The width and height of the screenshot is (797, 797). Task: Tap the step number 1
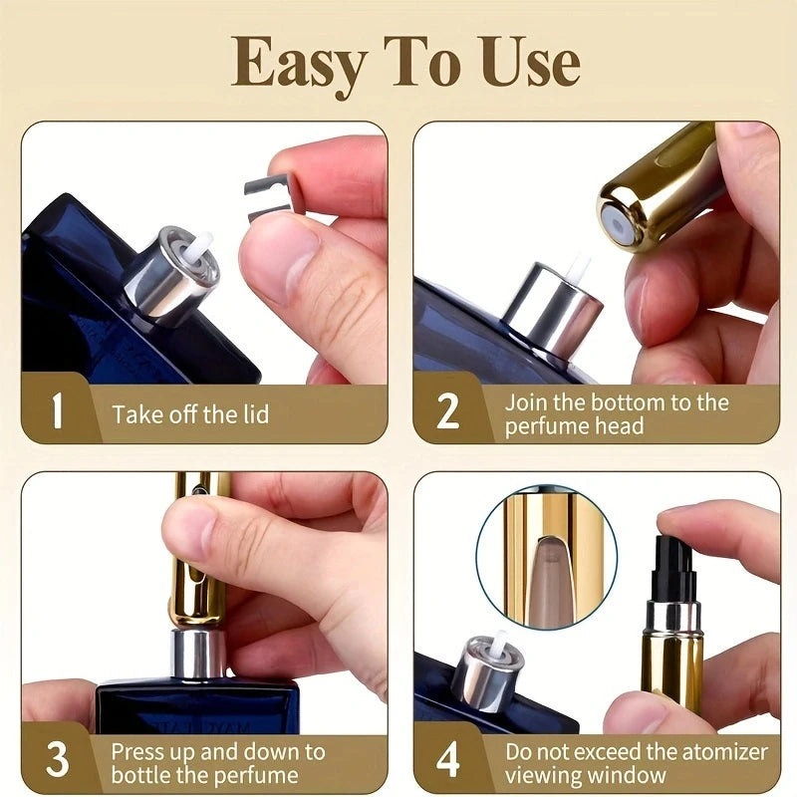pyautogui.click(x=57, y=410)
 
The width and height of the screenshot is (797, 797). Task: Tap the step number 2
pyautogui.click(x=448, y=410)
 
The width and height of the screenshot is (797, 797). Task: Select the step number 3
pyautogui.click(x=57, y=759)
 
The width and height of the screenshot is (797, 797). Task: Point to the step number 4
pyautogui.click(x=448, y=759)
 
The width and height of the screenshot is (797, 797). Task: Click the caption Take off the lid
pyautogui.click(x=190, y=414)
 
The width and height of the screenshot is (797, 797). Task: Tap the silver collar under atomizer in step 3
pyautogui.click(x=199, y=653)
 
